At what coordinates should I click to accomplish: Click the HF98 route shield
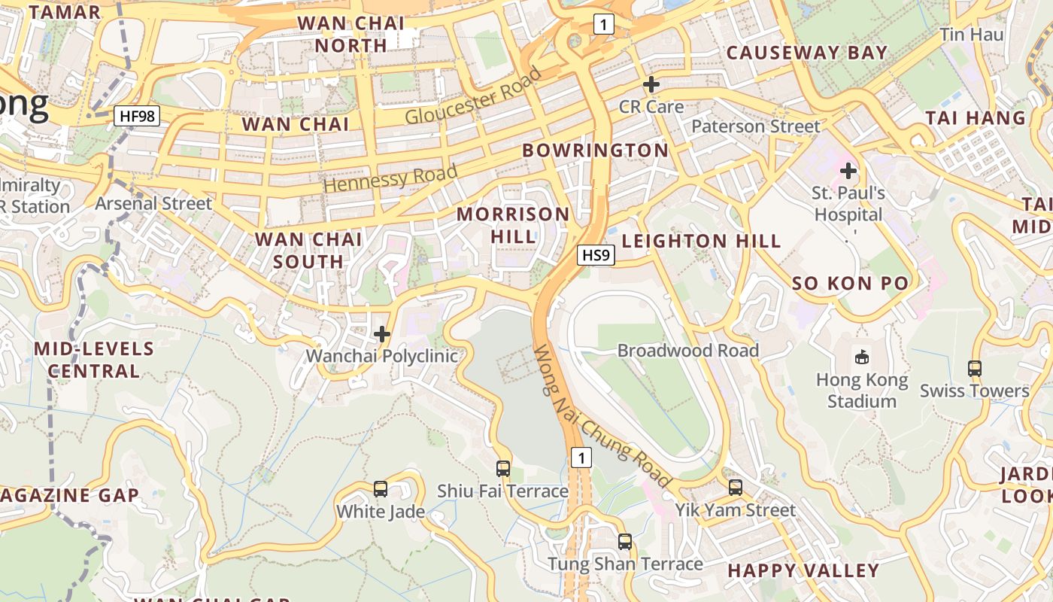137,116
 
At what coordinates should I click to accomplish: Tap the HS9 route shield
596,255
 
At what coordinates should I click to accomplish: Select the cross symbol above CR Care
651,85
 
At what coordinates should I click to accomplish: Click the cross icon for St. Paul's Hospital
848,171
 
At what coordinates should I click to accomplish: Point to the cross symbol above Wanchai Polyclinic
382,334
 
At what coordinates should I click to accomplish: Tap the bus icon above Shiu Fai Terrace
503,469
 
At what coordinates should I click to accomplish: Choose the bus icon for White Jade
381,489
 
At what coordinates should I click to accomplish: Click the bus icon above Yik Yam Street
735,488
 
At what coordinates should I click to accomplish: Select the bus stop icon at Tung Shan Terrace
624,542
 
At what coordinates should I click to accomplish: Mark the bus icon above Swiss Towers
975,369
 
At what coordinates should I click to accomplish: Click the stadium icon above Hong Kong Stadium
862,357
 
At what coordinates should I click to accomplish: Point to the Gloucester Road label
473,96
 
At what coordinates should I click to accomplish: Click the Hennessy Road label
390,178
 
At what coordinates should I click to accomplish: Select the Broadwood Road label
687,351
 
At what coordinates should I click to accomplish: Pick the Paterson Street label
755,126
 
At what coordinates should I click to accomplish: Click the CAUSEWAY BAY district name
807,53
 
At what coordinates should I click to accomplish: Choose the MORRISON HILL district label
514,225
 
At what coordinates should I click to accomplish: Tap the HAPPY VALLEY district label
803,570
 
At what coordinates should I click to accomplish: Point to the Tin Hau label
972,35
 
